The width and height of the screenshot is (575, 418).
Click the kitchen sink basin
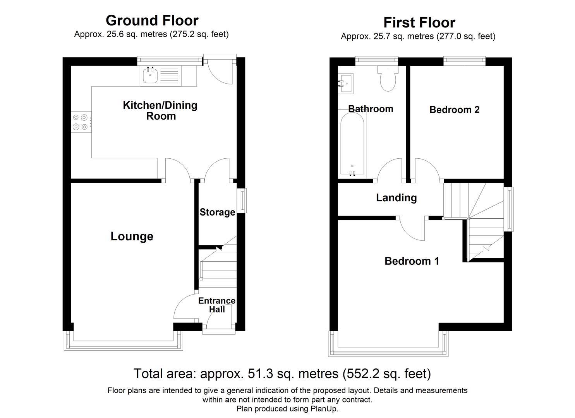coord(150,75)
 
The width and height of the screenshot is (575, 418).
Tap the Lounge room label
coord(132,236)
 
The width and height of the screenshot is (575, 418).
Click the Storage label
coord(218,212)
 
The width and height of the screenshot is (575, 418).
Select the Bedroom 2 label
coord(454,110)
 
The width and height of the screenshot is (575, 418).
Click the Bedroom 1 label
coord(412,261)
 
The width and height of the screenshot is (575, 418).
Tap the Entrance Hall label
coord(217,305)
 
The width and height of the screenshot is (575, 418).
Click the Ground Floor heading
coord(152,21)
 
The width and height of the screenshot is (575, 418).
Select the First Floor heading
coord(419,22)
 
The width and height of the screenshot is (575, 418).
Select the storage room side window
coord(242,200)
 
